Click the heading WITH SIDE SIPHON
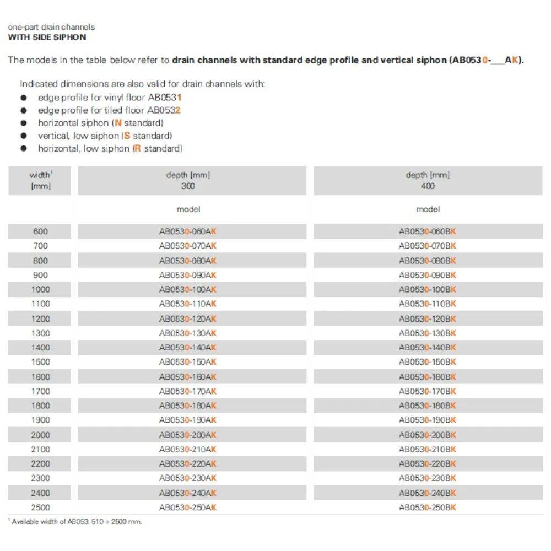[x=47, y=37]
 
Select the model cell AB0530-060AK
[x=188, y=231]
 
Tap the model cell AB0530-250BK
[x=428, y=507]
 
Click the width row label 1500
[x=41, y=362]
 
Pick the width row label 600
[x=41, y=231]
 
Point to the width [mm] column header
[x=40, y=180]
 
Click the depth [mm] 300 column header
[x=188, y=180]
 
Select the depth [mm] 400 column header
[x=428, y=180]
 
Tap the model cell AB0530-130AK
[x=188, y=333]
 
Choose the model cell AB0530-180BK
[x=428, y=406]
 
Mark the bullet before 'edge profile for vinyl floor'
[x=23, y=97]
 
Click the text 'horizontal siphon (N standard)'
[x=100, y=123]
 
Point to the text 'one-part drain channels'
[x=51, y=26]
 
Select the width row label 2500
[x=41, y=507]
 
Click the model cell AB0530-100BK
[x=428, y=289]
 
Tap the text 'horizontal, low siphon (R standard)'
[x=110, y=148]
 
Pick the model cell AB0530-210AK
[x=188, y=449]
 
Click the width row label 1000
[x=41, y=289]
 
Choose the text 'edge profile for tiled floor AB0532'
[x=109, y=110]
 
